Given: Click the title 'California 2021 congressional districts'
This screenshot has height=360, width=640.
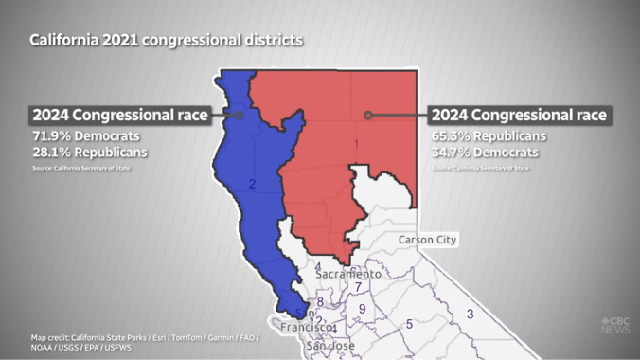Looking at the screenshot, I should [x=166, y=41].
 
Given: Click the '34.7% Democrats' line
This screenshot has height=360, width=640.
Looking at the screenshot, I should [x=485, y=152].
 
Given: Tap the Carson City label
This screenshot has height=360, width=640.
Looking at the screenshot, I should [x=427, y=240].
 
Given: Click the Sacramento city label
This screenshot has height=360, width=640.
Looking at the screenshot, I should [x=348, y=274].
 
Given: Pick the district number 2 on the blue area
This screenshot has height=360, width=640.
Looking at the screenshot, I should [x=252, y=184].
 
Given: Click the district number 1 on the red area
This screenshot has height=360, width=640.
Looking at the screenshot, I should [x=356, y=144].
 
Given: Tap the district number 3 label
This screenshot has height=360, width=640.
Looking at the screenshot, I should [x=470, y=315].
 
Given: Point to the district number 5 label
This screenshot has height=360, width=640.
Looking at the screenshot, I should [x=409, y=324].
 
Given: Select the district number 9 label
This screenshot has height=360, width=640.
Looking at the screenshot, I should [x=362, y=309].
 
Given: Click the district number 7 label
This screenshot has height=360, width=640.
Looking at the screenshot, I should [x=357, y=287].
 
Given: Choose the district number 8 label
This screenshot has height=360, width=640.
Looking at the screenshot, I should [x=321, y=302].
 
